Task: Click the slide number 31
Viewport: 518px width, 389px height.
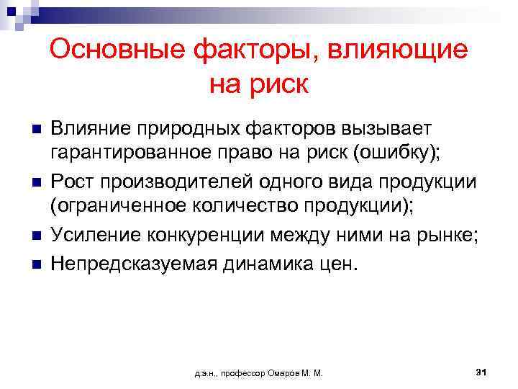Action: pos(482,372)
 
